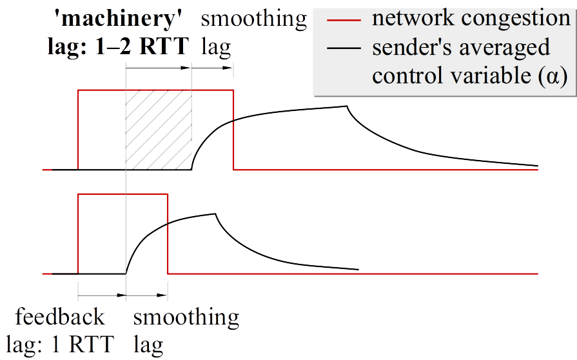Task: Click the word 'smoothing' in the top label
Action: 253,19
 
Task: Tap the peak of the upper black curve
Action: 347,106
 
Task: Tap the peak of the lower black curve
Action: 215,214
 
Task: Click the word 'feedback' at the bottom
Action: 60,317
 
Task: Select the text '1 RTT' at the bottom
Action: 83,343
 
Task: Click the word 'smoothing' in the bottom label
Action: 186,317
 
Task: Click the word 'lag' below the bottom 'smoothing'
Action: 148,343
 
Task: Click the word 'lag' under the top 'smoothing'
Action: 215,46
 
